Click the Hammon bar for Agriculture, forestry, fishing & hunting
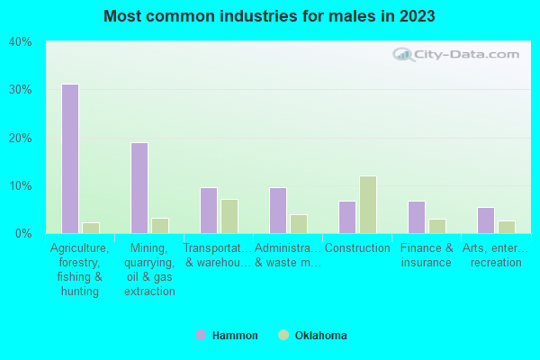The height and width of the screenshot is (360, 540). (x=69, y=158)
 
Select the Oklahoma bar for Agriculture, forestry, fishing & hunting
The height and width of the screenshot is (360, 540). (x=90, y=228)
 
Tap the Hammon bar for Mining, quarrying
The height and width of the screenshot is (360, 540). (x=139, y=188)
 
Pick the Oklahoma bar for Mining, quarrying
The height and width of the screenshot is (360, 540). (x=159, y=226)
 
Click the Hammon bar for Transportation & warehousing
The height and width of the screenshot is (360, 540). (x=208, y=211)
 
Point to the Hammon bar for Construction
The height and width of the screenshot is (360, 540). (x=346, y=217)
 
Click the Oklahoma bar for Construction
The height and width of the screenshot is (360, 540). (x=367, y=204)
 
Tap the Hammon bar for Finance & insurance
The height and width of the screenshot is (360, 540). (x=416, y=217)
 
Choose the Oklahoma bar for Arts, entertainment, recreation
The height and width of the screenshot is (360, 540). (x=506, y=227)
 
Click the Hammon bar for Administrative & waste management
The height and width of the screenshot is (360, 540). (x=277, y=211)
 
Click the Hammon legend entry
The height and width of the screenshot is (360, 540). (x=227, y=336)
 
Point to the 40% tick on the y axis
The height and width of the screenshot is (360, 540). (x=20, y=42)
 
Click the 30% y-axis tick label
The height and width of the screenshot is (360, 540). (x=20, y=90)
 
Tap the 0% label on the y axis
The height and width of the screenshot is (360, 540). (x=22, y=234)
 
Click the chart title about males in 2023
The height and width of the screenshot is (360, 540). (x=269, y=16)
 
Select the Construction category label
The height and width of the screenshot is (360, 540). (x=357, y=248)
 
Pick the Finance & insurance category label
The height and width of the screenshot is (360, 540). (x=427, y=256)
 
